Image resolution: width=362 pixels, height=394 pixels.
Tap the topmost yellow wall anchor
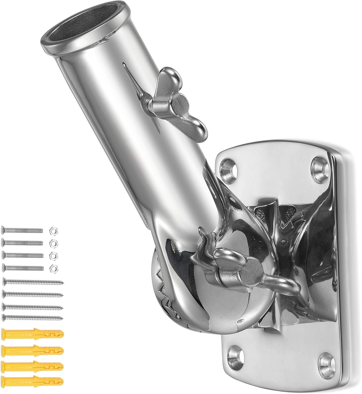pyautogui.click(x=33, y=335)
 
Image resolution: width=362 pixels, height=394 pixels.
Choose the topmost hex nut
pyautogui.click(x=54, y=231)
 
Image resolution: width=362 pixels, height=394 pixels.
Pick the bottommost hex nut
pyautogui.click(x=54, y=268)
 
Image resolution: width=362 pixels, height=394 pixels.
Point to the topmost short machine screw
pyautogui.click(x=22, y=231)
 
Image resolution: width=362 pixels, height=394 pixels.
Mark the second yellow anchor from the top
pyautogui.click(x=33, y=350)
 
